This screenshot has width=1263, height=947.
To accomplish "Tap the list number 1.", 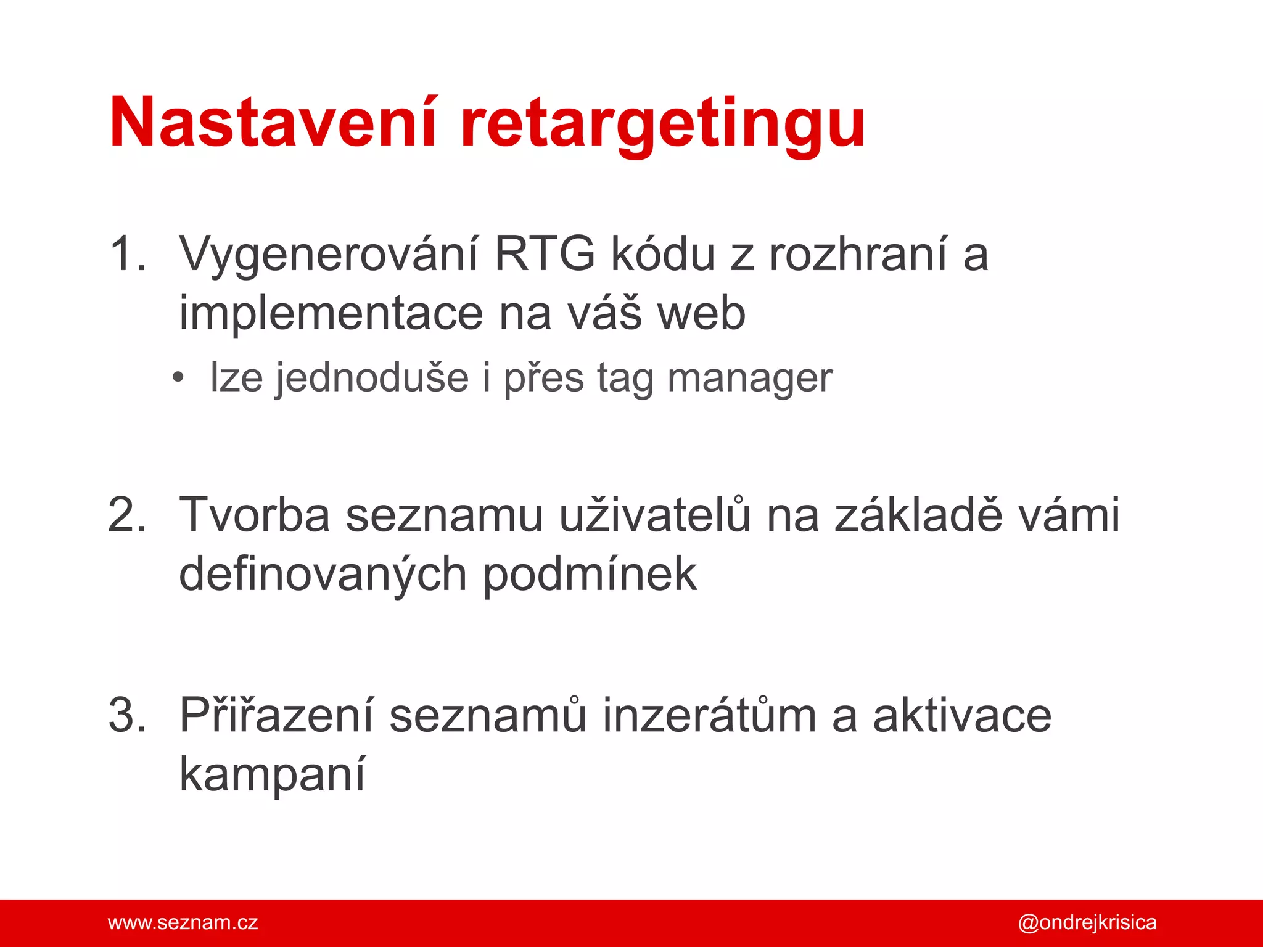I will [x=126, y=254].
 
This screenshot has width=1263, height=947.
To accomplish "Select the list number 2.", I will [x=126, y=515].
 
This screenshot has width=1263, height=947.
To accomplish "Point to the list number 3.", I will [x=126, y=715].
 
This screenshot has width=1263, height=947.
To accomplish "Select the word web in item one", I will [x=701, y=313].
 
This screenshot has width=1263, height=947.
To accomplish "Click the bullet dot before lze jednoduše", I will [x=178, y=377].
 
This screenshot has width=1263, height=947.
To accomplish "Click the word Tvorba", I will [x=255, y=515].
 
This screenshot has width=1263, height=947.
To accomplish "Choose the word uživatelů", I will [x=655, y=515].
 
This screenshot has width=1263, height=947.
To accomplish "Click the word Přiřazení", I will [x=276, y=715].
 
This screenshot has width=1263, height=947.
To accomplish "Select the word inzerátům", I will [x=709, y=715].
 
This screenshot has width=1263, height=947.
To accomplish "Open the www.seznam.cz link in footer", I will [x=183, y=923].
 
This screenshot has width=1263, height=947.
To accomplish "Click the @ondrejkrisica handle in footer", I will [x=1087, y=923].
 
